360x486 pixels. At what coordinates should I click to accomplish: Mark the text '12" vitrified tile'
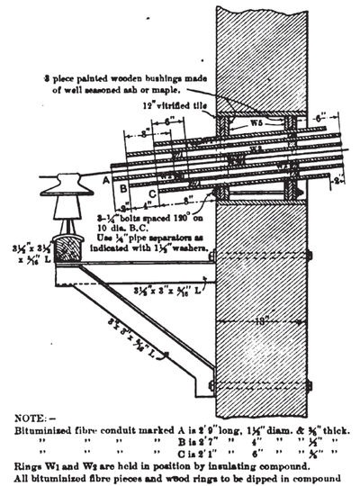point(180,106)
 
